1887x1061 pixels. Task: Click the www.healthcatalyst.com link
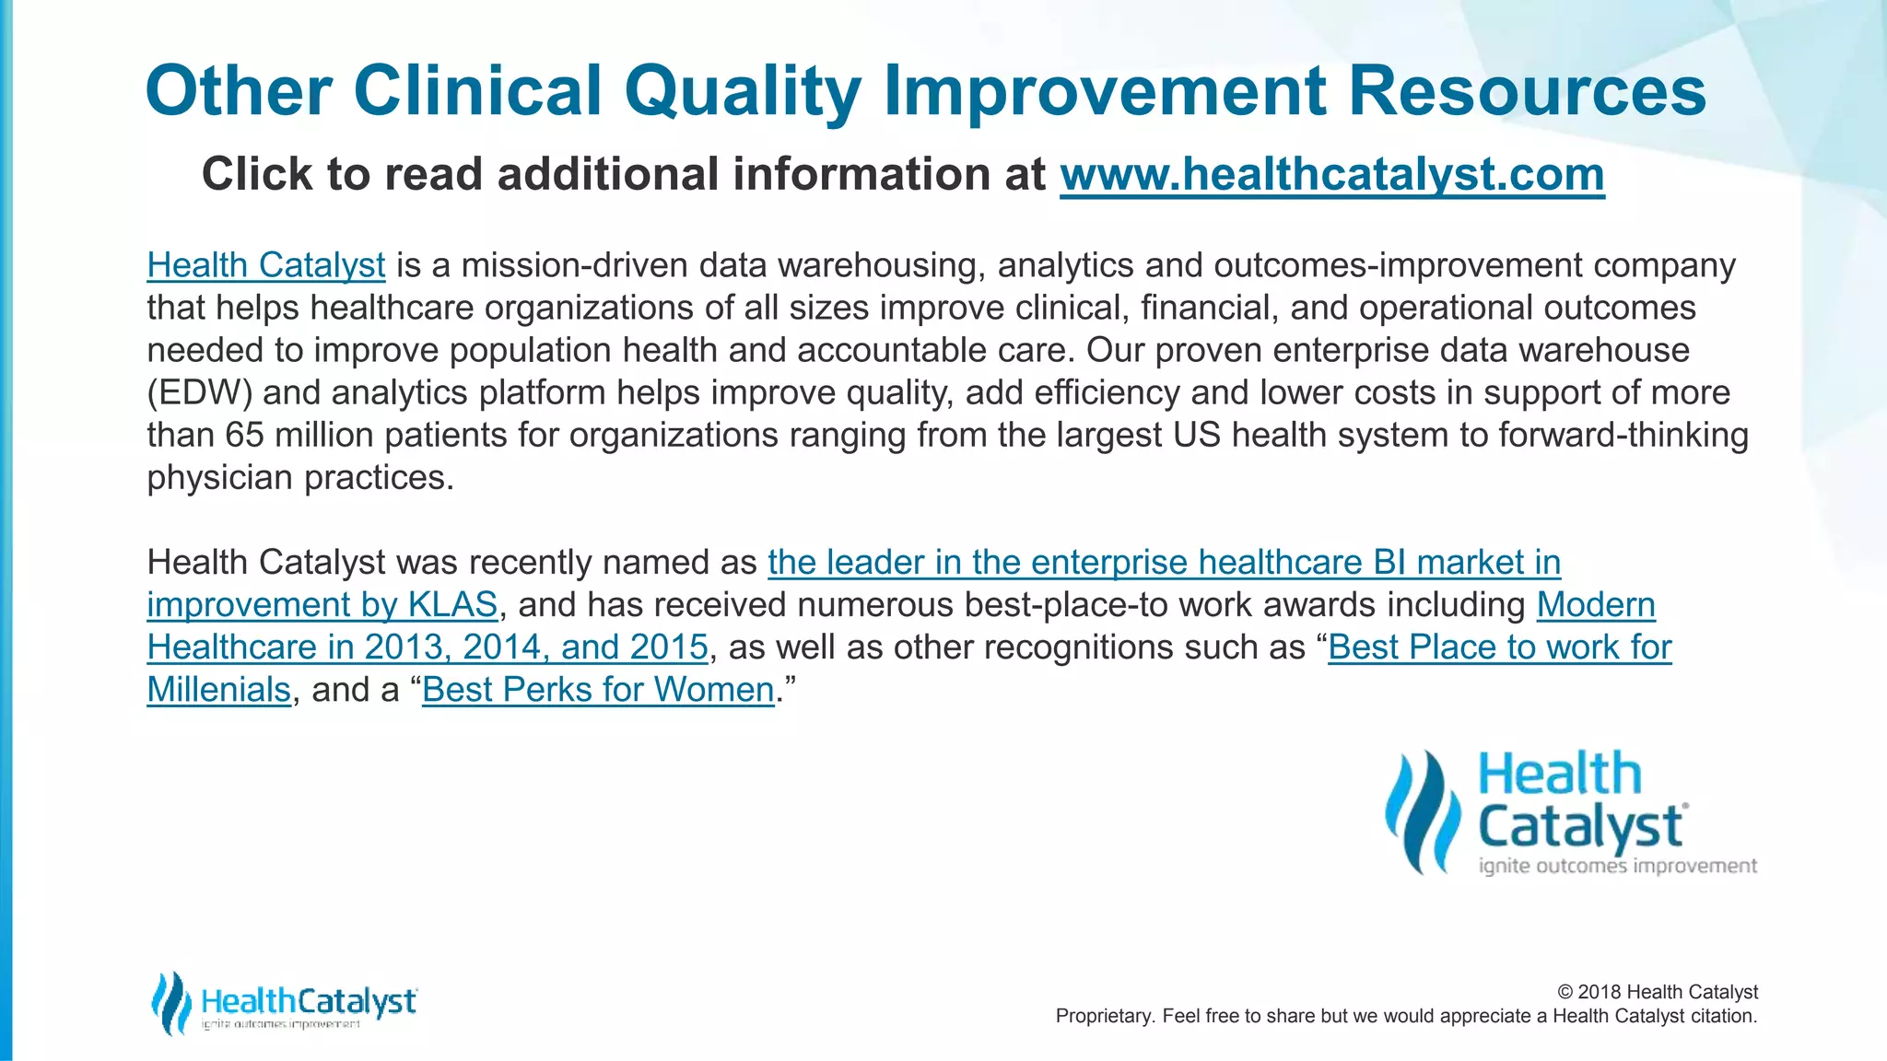click(x=1331, y=175)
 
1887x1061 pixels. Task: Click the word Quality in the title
click(x=742, y=92)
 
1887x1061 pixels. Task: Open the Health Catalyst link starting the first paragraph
click(x=265, y=265)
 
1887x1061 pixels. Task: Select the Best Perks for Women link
click(x=598, y=690)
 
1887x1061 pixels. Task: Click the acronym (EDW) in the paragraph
click(x=199, y=393)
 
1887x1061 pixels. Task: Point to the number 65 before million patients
click(x=244, y=435)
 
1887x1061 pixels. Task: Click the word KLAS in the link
click(x=452, y=605)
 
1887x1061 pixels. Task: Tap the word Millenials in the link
click(x=218, y=690)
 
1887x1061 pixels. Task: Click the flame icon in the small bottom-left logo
click(x=170, y=1002)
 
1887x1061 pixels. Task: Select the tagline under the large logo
click(x=1617, y=866)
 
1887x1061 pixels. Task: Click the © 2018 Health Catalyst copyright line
click(x=1657, y=992)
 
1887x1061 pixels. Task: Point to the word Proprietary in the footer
click(x=1101, y=1016)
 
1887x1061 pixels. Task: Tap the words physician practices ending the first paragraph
click(x=299, y=478)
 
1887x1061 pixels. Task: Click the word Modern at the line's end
click(x=1595, y=605)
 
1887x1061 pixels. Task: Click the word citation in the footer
click(x=1723, y=1016)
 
